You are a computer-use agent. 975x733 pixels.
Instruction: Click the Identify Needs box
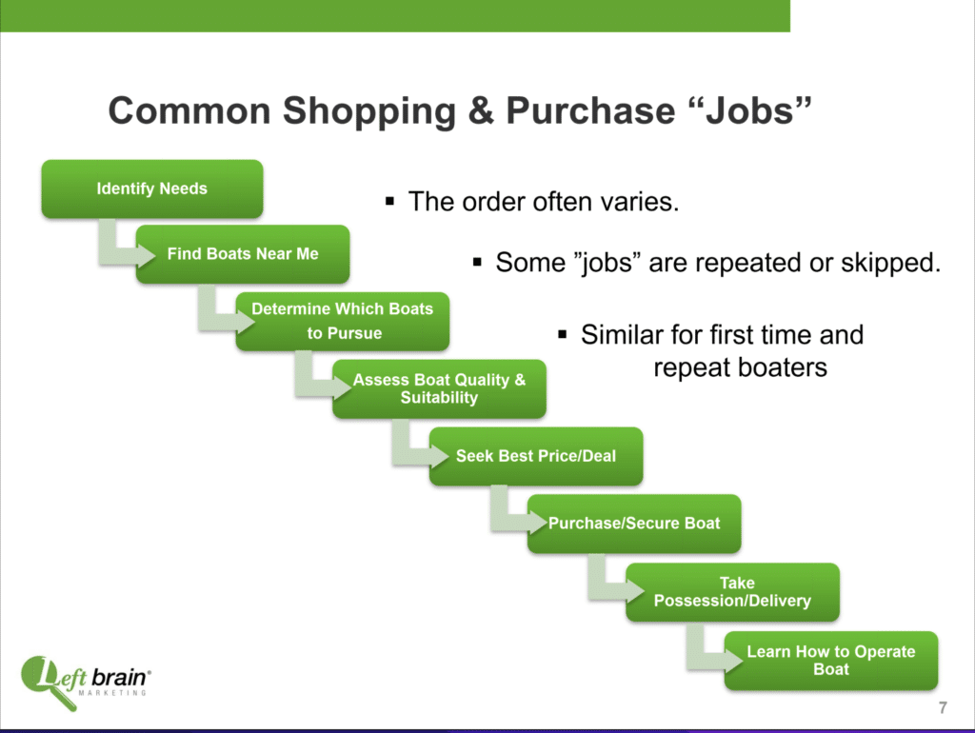(152, 189)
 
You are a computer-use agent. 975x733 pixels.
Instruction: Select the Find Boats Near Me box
(243, 254)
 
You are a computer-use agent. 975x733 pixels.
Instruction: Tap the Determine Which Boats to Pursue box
(342, 322)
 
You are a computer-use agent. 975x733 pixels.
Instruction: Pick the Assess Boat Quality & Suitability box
(439, 388)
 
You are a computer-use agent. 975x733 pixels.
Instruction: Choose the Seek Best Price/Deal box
(536, 456)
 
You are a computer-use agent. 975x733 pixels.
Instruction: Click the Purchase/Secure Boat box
(634, 524)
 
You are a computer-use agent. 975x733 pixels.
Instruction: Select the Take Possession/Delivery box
(732, 592)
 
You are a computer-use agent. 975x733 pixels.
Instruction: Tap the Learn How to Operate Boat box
(830, 661)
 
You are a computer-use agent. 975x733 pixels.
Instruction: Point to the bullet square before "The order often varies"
(389, 201)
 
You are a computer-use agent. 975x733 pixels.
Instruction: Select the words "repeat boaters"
(740, 367)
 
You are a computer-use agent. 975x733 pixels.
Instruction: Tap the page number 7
(943, 707)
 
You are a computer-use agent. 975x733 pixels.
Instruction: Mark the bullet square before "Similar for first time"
(563, 334)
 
